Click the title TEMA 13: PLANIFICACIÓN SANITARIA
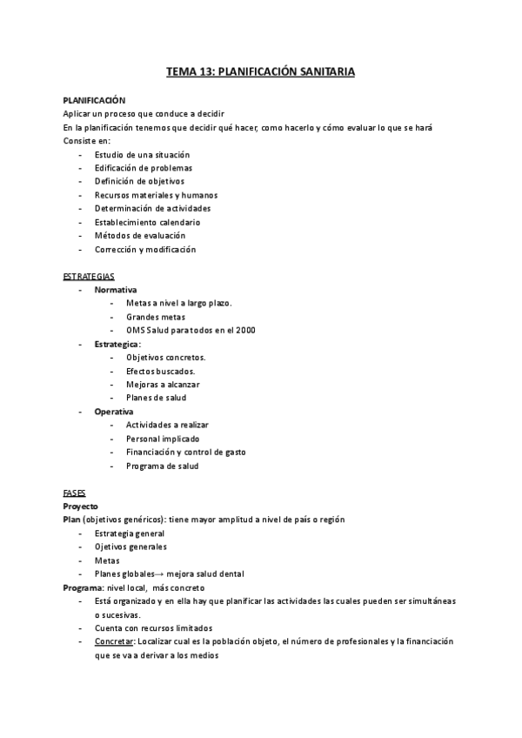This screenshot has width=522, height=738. click(260, 73)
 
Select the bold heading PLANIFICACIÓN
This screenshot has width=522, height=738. click(95, 101)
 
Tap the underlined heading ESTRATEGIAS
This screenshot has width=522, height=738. click(88, 276)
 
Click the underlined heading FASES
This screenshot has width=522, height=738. click(75, 492)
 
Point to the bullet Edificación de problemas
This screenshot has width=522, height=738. click(144, 168)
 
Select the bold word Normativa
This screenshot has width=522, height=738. click(115, 290)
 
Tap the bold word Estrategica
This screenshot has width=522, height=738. click(117, 344)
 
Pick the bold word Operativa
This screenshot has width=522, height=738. click(114, 411)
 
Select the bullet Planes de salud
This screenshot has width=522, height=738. click(156, 398)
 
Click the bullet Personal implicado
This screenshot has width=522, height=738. click(161, 439)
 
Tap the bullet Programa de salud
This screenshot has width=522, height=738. click(162, 466)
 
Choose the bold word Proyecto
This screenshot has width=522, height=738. click(81, 506)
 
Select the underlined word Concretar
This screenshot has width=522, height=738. click(113, 641)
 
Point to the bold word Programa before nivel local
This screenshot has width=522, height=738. click(84, 587)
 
